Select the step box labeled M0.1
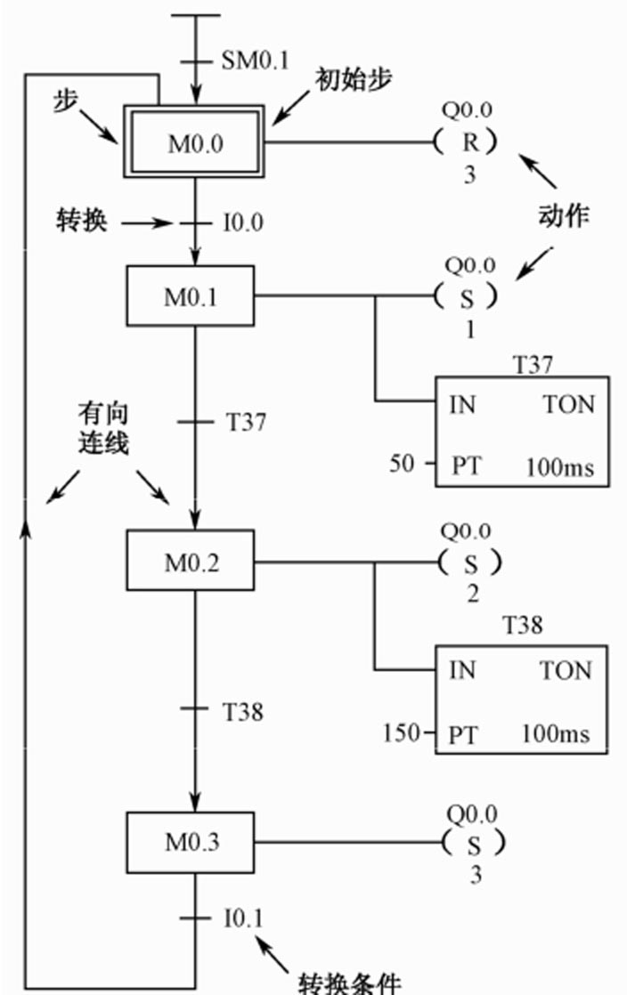point(191,296)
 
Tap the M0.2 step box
point(191,562)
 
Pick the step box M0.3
point(191,842)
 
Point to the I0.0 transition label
point(243,222)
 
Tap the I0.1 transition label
point(243,918)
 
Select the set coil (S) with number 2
point(470,562)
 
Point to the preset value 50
point(403,464)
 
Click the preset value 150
point(401,733)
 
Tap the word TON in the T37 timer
point(568,405)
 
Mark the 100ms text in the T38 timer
point(557,734)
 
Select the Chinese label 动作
point(563,215)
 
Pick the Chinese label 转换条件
point(348,982)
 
